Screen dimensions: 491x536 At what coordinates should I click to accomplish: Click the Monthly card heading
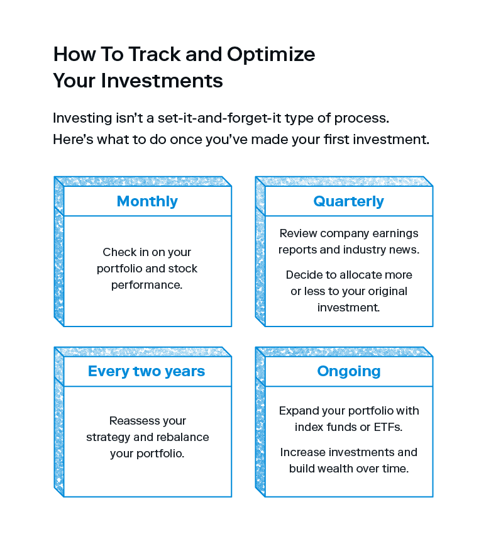(147, 201)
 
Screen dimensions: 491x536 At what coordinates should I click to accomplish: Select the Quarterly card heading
(348, 201)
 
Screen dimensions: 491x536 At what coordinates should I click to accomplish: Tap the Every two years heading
(146, 371)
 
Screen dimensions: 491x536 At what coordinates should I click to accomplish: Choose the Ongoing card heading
(349, 372)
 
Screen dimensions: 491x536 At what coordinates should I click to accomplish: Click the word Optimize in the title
(271, 55)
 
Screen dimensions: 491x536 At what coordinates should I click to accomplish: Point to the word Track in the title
(155, 54)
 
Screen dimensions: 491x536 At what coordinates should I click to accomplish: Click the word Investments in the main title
(162, 81)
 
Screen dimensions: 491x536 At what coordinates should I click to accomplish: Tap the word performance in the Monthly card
(147, 286)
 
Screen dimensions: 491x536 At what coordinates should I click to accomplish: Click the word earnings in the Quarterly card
(395, 234)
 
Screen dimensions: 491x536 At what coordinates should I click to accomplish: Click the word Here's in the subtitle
(73, 140)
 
